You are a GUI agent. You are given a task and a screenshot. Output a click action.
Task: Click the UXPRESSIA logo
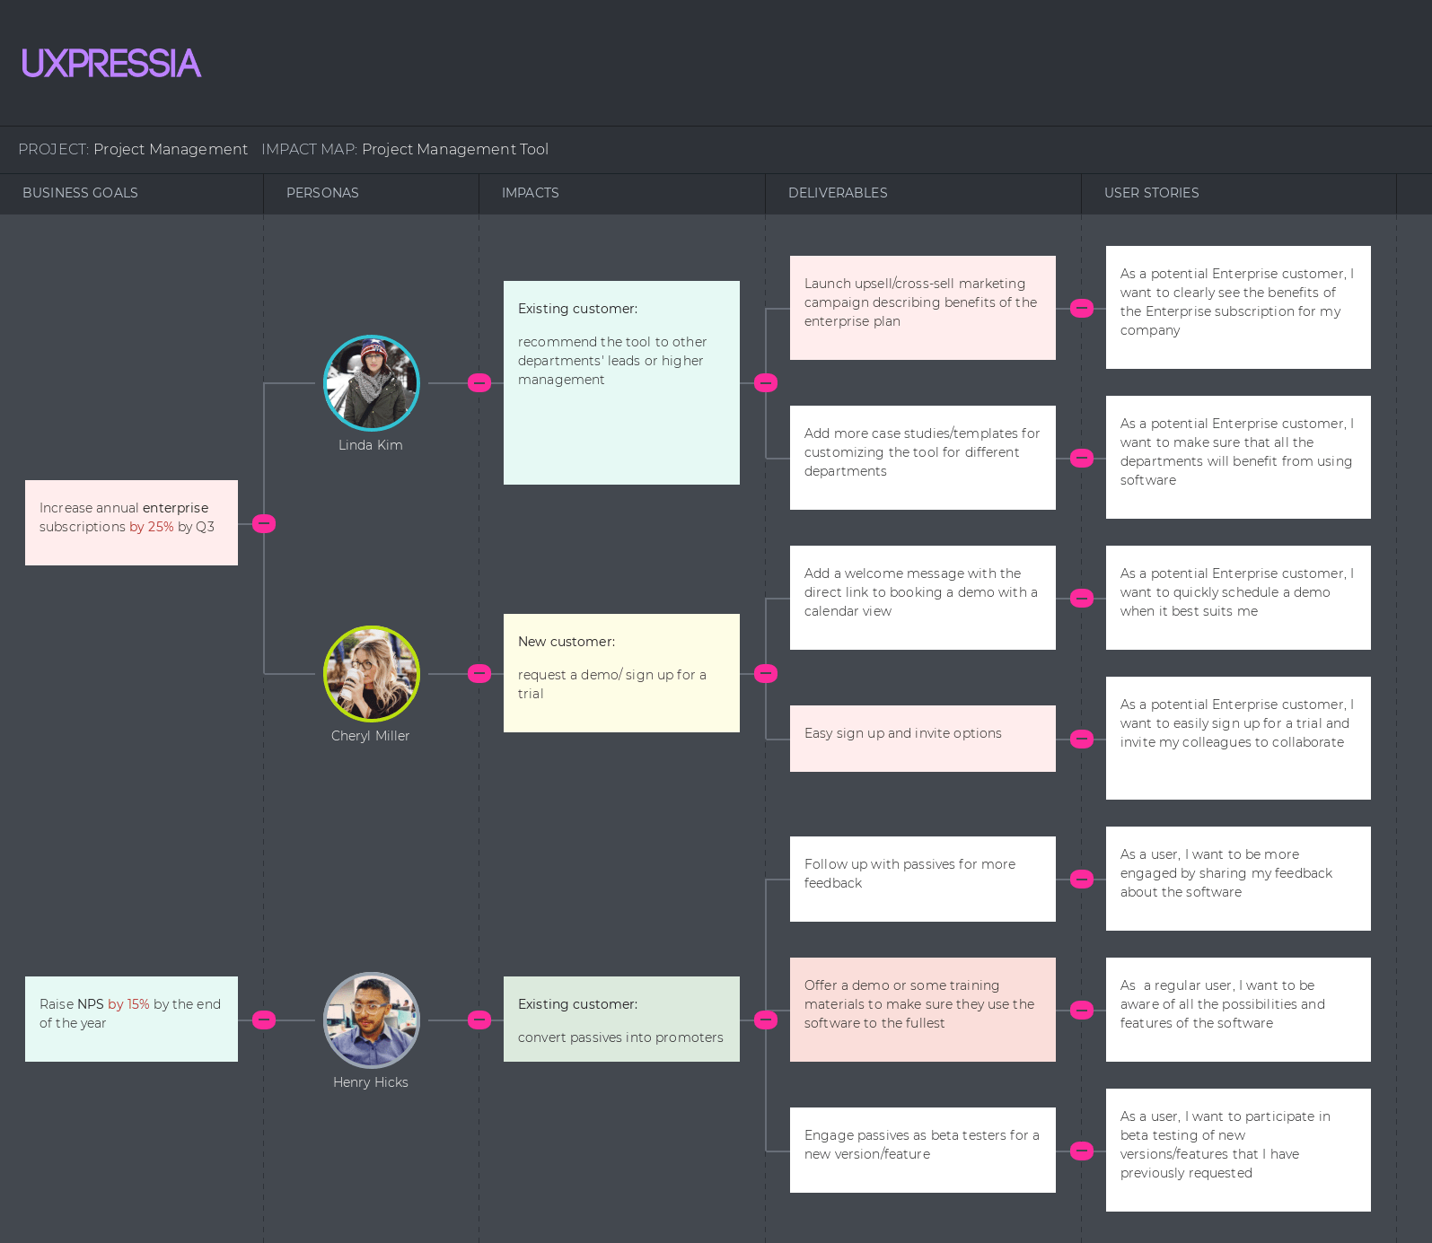[111, 63]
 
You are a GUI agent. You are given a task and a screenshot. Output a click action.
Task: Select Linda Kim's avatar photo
[372, 383]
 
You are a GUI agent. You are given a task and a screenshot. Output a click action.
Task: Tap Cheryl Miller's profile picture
[372, 673]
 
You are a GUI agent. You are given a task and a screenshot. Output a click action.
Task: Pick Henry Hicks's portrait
[372, 1020]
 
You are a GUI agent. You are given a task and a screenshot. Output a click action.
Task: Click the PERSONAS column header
[322, 193]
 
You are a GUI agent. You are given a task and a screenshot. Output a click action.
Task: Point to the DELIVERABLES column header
[838, 193]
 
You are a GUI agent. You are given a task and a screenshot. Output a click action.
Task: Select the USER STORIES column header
[1151, 193]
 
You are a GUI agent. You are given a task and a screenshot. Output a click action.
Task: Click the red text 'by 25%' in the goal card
[152, 527]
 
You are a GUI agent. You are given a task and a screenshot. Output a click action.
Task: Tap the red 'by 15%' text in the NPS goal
[128, 1004]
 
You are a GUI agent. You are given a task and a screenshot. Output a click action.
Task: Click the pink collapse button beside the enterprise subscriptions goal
[264, 523]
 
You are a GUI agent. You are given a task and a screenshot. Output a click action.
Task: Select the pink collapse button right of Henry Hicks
[480, 1020]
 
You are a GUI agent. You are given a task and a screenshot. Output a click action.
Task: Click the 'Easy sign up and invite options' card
[922, 738]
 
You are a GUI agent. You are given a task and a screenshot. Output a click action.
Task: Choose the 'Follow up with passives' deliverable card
[922, 878]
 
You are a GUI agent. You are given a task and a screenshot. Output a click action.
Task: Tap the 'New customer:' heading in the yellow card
[567, 642]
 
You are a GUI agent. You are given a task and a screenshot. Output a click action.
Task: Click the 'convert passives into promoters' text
[620, 1037]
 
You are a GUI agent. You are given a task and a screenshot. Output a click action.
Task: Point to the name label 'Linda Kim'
[371, 445]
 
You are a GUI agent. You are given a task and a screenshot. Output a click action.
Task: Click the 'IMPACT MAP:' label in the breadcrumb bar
[309, 150]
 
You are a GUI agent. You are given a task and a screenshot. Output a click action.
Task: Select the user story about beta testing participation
[1238, 1149]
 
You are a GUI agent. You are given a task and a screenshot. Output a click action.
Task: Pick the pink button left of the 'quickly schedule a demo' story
[1082, 599]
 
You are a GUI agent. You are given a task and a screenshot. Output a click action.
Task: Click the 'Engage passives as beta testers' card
[922, 1149]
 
